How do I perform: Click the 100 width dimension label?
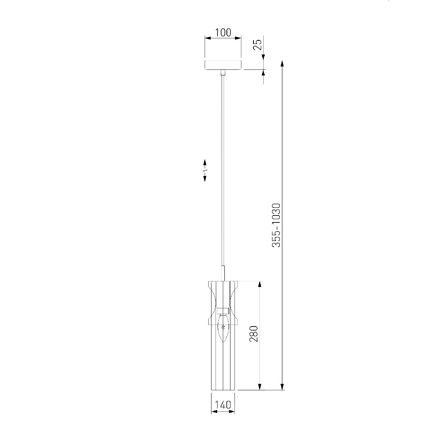point(223,33)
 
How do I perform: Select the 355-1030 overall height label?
point(276,225)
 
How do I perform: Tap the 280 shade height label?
point(254,334)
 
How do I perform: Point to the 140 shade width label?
point(223,404)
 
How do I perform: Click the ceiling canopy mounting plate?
point(223,65)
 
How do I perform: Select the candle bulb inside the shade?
point(223,328)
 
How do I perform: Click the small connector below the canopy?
point(223,73)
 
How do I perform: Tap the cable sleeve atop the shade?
point(223,273)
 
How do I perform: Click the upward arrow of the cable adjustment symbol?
point(205,163)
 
